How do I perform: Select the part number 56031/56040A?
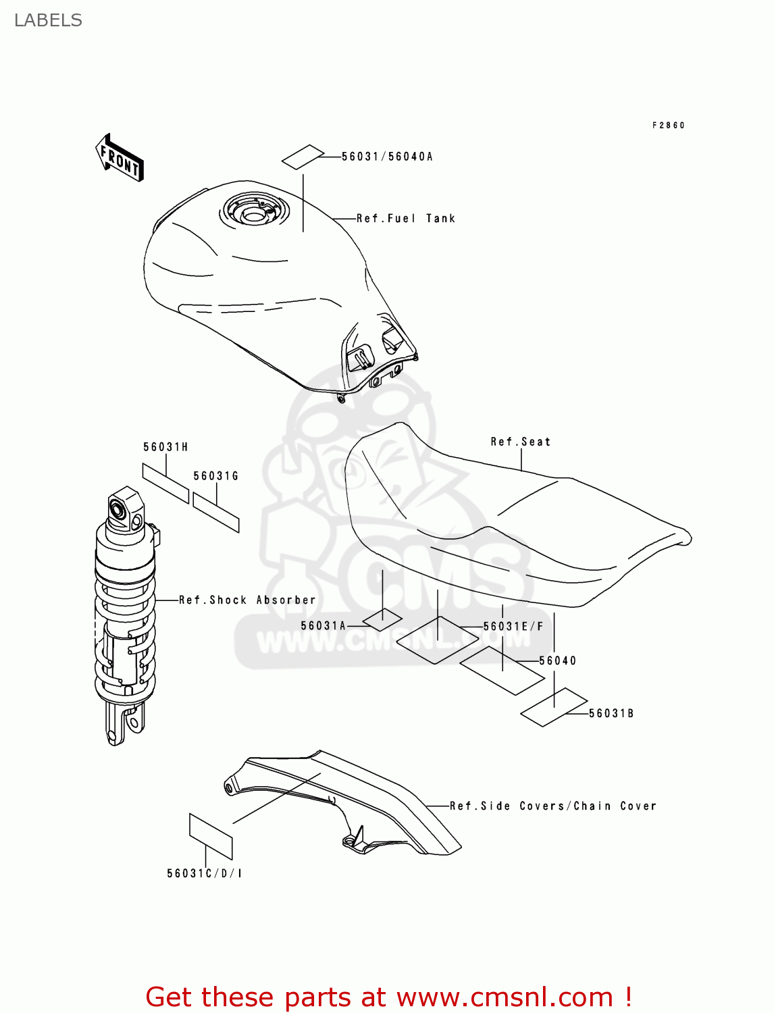(387, 157)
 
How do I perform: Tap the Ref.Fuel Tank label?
(406, 218)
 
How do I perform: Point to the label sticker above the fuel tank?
(302, 157)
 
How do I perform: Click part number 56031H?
(165, 447)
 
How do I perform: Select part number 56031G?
(216, 476)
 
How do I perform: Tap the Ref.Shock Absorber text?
(247, 600)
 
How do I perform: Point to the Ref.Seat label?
(521, 442)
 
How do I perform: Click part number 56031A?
(324, 626)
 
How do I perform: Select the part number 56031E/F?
(513, 627)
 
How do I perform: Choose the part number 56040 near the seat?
(558, 660)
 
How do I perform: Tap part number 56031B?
(611, 713)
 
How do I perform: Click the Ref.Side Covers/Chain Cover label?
(553, 806)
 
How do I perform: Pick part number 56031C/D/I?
(205, 873)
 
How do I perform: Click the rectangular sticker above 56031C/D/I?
(210, 837)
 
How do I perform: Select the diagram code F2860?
(669, 125)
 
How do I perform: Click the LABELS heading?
(48, 20)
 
